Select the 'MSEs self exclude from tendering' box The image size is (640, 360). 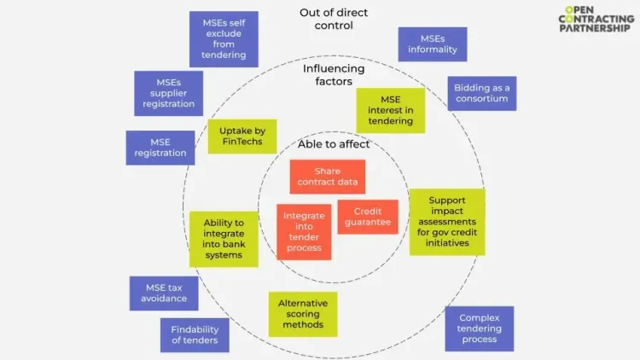(x=224, y=38)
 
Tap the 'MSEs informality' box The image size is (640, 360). (x=433, y=44)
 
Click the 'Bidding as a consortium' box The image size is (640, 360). (x=482, y=93)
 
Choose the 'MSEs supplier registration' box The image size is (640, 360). (x=168, y=93)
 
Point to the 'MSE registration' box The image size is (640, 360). (x=160, y=148)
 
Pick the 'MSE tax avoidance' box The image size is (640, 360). (x=164, y=293)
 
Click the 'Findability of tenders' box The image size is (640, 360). (x=195, y=334)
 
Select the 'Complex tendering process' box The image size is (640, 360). (x=479, y=328)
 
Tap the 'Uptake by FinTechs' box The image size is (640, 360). (x=242, y=136)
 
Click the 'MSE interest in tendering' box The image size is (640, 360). (x=390, y=110)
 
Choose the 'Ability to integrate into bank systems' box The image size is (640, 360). (x=224, y=239)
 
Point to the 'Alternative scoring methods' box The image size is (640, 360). (x=303, y=314)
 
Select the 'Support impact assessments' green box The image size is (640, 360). (x=447, y=222)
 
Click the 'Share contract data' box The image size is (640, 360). (x=327, y=177)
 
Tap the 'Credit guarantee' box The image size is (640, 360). (x=368, y=217)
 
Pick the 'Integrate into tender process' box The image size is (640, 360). (x=304, y=231)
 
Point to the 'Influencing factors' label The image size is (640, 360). (x=334, y=74)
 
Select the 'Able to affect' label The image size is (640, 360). (x=334, y=144)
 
